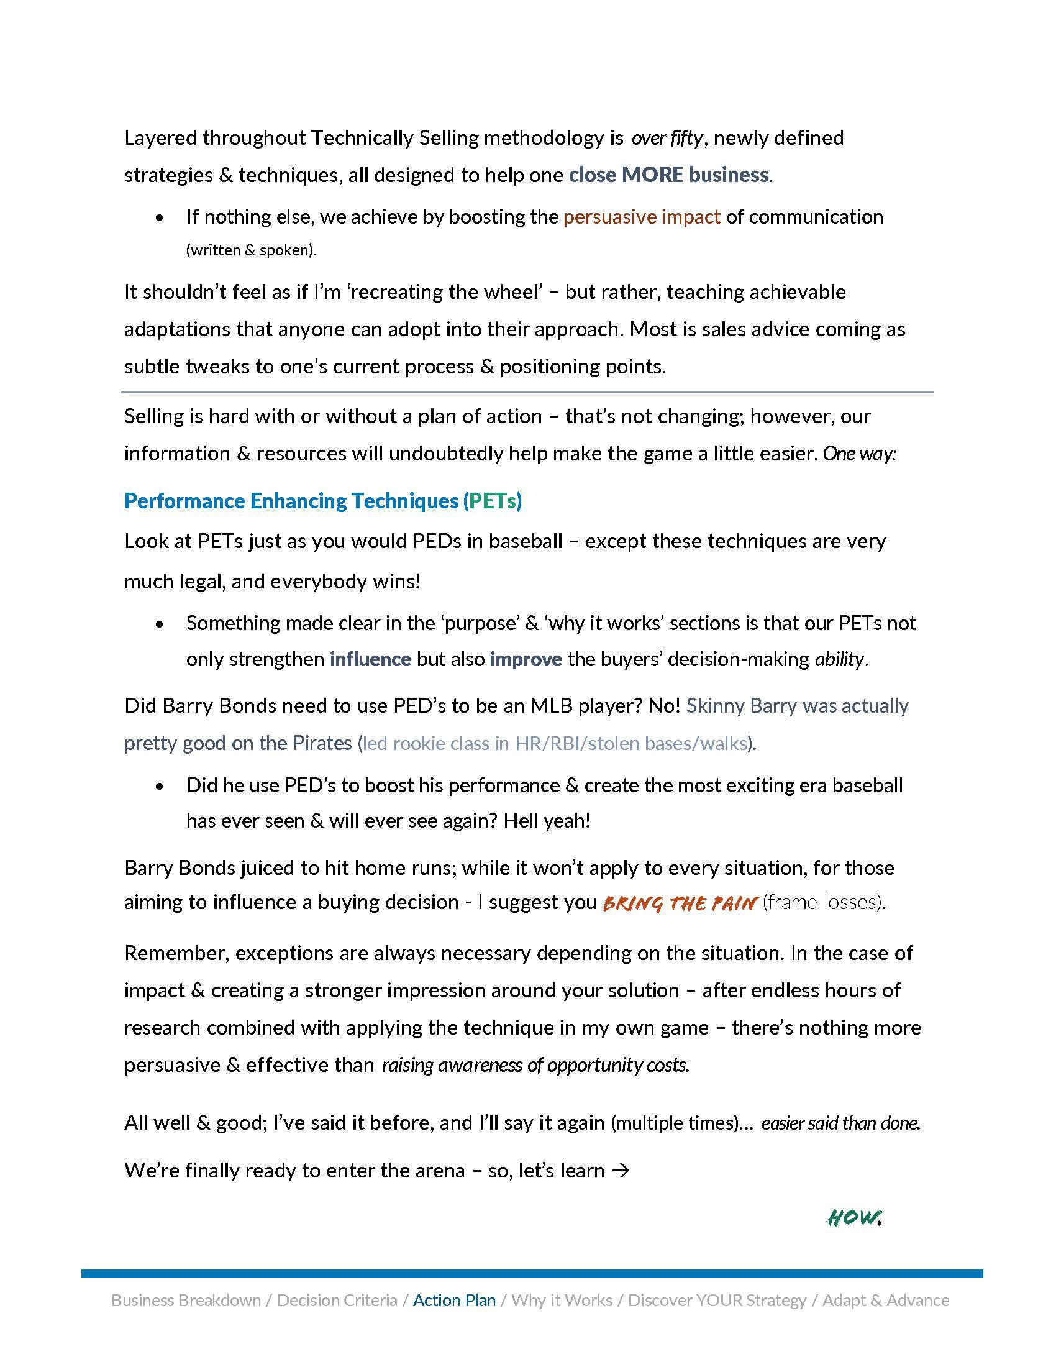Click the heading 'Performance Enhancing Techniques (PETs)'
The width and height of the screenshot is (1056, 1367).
(323, 501)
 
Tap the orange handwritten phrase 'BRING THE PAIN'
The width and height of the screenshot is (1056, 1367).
(680, 903)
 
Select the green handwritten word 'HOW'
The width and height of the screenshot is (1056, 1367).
(854, 1217)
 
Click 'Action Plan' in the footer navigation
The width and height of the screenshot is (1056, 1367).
(454, 1300)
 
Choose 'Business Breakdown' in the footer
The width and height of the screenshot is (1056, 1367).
(186, 1300)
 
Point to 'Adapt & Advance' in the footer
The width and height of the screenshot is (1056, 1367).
(885, 1300)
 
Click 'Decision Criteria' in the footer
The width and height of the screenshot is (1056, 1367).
(337, 1300)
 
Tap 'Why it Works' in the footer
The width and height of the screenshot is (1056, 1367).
(562, 1300)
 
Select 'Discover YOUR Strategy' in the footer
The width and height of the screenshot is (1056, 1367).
(717, 1300)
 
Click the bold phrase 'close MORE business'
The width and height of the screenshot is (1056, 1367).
(668, 175)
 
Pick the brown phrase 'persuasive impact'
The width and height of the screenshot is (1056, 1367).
(642, 217)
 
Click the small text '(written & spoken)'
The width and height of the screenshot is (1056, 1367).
(251, 250)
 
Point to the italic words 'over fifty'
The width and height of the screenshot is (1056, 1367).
(667, 138)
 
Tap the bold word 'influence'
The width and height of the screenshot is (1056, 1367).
(370, 659)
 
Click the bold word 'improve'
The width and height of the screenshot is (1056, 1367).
(526, 659)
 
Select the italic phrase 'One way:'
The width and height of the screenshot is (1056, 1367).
(860, 453)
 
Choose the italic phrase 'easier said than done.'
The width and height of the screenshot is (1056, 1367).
(841, 1123)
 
